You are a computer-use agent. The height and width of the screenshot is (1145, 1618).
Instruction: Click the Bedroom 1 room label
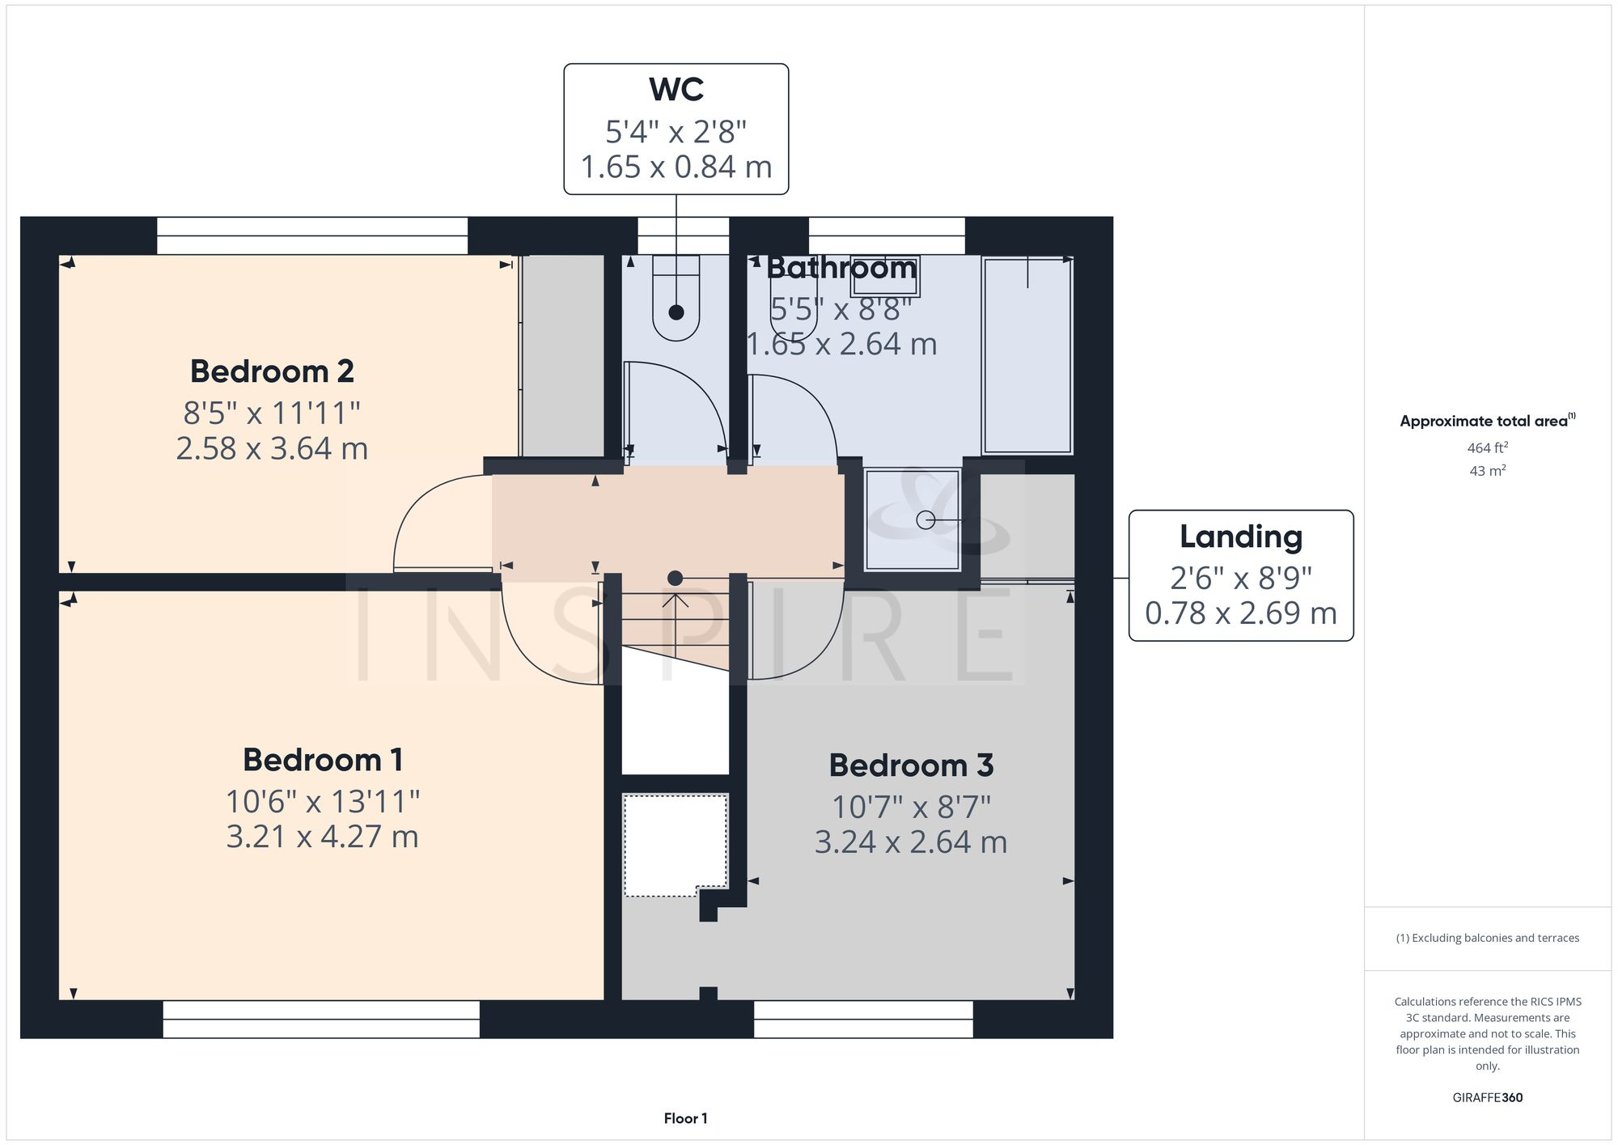322,760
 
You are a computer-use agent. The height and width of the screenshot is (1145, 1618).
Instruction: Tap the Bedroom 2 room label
272,371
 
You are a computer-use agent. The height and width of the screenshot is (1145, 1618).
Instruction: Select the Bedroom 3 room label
911,765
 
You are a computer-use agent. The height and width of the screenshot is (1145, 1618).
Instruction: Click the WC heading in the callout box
676,89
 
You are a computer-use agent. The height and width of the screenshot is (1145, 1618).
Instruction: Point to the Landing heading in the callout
1240,536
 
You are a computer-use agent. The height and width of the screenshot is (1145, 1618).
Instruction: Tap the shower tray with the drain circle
913,520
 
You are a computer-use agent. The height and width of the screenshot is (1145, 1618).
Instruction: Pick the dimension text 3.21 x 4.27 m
322,837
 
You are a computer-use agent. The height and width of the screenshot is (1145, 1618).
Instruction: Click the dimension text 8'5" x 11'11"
272,413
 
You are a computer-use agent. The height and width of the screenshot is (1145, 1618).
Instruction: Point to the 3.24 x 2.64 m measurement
911,842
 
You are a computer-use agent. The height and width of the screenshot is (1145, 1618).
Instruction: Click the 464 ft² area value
1487,447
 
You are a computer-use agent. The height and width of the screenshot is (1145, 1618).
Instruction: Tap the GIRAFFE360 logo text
1487,1097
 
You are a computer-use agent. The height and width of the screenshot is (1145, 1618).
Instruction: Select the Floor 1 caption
685,1118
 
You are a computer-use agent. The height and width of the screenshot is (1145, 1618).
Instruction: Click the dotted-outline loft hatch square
675,845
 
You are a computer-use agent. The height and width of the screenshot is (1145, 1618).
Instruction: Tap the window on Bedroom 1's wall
321,1020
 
